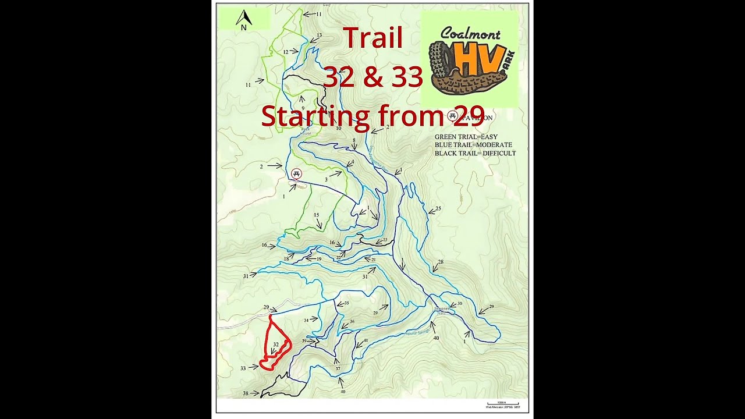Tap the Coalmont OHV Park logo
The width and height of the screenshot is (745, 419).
(x=470, y=59)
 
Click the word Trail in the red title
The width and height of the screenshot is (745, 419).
(x=372, y=38)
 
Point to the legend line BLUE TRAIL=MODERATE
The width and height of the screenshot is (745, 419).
(x=473, y=145)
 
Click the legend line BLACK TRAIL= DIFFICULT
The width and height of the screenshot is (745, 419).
(x=475, y=153)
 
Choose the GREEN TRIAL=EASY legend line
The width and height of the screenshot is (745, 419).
(x=466, y=137)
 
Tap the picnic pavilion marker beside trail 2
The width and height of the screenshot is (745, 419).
(x=297, y=174)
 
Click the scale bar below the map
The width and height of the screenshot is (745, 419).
(x=502, y=403)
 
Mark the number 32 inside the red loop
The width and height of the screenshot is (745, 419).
(x=276, y=345)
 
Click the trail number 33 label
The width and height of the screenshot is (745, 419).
(x=243, y=368)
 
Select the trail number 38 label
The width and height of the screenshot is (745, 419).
(x=246, y=394)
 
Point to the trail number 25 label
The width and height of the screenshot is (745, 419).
(x=438, y=208)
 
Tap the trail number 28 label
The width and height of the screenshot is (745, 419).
(x=441, y=262)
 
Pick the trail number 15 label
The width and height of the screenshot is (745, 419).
(x=316, y=215)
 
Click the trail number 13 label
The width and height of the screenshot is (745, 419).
(x=320, y=35)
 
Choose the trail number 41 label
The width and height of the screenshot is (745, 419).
(x=366, y=341)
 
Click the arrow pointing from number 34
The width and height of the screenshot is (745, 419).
(x=315, y=318)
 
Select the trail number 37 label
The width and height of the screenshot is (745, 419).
(x=338, y=368)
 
